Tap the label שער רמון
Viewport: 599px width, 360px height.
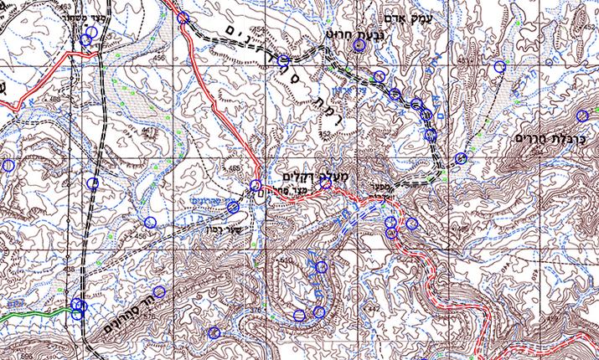pyautogui.click(x=197, y=223)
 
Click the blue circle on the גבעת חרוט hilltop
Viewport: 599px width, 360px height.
pyautogui.click(x=359, y=46)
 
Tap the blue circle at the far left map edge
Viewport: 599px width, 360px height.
pyautogui.click(x=8, y=166)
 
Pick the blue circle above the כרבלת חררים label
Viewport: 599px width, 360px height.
pyautogui.click(x=582, y=116)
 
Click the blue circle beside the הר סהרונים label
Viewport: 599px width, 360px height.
pyautogui.click(x=158, y=292)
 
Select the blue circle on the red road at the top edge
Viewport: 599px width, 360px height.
pyautogui.click(x=183, y=17)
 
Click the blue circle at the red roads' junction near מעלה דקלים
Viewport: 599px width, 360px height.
pyautogui.click(x=256, y=185)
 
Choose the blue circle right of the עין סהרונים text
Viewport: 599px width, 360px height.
pyautogui.click(x=233, y=207)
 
